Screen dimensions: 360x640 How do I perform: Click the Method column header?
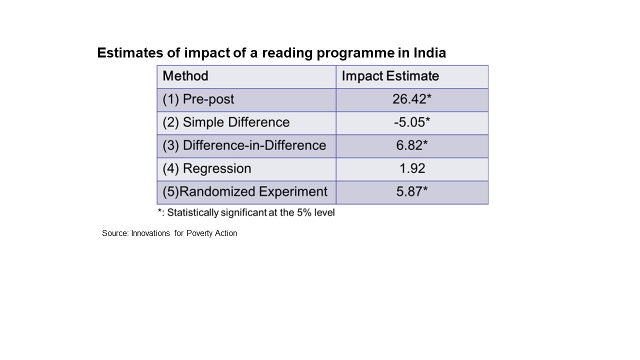pos(185,76)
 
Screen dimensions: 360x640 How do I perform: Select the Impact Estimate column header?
pos(390,76)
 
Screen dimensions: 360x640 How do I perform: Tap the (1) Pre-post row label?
pos(198,99)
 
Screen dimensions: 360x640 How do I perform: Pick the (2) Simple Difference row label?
pos(226,122)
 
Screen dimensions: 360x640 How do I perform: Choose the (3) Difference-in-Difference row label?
pos(244,145)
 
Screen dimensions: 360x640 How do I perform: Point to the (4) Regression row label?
pos(207,168)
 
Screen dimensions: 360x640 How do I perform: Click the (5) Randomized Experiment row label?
pos(245,191)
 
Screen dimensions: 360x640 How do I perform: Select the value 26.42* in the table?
pos(411,99)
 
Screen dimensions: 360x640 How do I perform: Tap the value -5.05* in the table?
pos(411,122)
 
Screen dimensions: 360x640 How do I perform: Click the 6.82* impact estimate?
pos(411,145)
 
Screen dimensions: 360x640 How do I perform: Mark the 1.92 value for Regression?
pos(412,168)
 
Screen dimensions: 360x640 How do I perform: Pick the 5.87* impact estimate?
pos(411,191)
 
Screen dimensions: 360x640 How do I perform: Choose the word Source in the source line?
pos(114,233)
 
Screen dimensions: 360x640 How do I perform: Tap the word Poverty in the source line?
pos(199,233)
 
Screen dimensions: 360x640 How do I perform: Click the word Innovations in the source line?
pos(150,233)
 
